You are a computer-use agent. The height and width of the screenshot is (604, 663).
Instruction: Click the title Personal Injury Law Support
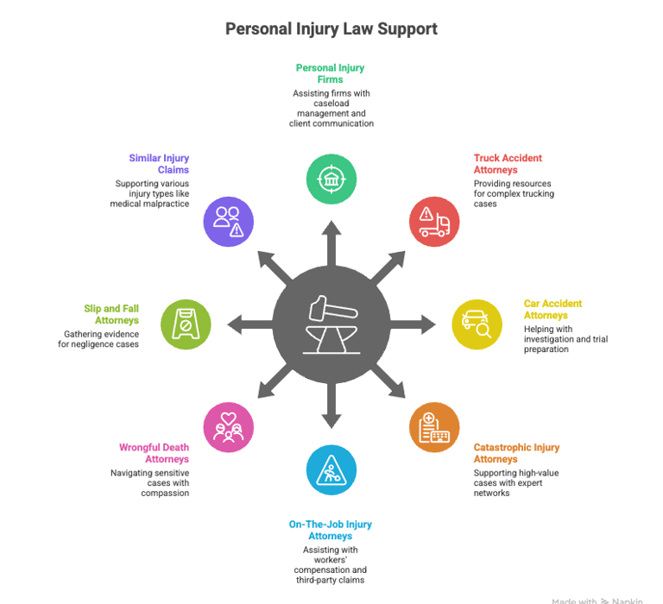pyautogui.click(x=331, y=28)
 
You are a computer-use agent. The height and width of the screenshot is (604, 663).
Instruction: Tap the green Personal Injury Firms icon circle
pyautogui.click(x=331, y=179)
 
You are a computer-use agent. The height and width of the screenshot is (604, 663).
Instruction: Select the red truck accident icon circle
pyautogui.click(x=433, y=222)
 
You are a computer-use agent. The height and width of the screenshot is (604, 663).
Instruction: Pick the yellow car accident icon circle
pyautogui.click(x=477, y=324)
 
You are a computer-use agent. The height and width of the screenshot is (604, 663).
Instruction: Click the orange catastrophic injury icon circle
pyautogui.click(x=433, y=427)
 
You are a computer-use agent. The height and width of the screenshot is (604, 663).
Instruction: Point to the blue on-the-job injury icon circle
pyautogui.click(x=331, y=469)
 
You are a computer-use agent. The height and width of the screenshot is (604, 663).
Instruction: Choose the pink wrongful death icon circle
pyautogui.click(x=229, y=427)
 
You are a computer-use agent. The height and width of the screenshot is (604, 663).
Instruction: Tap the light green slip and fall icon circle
pyautogui.click(x=186, y=324)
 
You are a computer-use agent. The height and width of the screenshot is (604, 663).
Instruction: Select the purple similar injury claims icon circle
pyautogui.click(x=229, y=222)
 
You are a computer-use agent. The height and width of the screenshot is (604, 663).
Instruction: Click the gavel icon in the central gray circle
pyautogui.click(x=331, y=324)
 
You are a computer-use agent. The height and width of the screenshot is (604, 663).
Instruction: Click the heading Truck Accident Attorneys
pyautogui.click(x=508, y=164)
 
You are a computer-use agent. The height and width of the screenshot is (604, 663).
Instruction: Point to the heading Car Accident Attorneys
pyautogui.click(x=552, y=310)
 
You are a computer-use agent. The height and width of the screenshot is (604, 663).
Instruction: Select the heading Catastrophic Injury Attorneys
pyautogui.click(x=516, y=454)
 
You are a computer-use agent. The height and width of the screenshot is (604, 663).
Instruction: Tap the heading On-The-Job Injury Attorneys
pyautogui.click(x=331, y=531)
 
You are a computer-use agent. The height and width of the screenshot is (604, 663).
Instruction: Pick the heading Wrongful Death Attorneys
pyautogui.click(x=154, y=454)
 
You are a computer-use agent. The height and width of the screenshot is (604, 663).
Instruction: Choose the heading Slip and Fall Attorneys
pyautogui.click(x=111, y=315)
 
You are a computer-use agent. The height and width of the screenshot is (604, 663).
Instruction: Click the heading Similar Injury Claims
pyautogui.click(x=159, y=164)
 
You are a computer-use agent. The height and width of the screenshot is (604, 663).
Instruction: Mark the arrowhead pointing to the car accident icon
pyautogui.click(x=427, y=324)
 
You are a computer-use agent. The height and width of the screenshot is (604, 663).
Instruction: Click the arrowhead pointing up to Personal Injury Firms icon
pyautogui.click(x=331, y=228)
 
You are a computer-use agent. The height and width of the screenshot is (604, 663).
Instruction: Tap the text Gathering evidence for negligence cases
pyautogui.click(x=101, y=339)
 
